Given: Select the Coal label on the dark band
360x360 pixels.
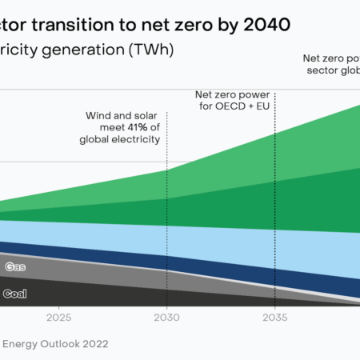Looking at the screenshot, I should (x=15, y=294).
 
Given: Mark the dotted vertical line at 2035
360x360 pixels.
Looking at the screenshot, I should (x=275, y=200).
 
